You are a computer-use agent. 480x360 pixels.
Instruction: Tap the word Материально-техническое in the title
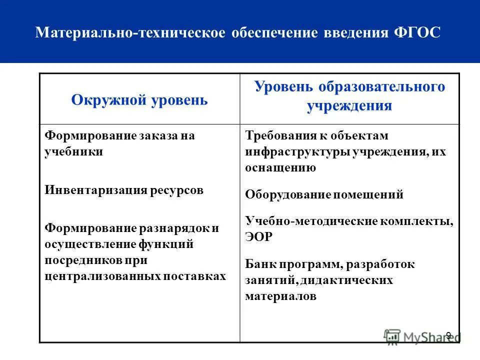pyautogui.click(x=131, y=33)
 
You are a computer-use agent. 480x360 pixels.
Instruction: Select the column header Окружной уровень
pyautogui.click(x=139, y=99)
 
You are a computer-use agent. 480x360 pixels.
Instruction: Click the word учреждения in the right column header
pyautogui.click(x=349, y=106)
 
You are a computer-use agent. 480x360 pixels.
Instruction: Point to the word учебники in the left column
pyautogui.click(x=74, y=152)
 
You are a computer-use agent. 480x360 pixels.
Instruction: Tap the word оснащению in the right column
pyautogui.click(x=280, y=168)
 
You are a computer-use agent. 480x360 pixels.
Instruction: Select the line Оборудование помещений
pyautogui.click(x=324, y=195)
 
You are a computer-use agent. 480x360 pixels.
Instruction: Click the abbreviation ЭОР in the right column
pyautogui.click(x=259, y=237)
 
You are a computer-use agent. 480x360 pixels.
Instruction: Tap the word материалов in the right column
pyautogui.click(x=280, y=296)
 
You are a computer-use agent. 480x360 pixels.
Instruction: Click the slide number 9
pyautogui.click(x=448, y=335)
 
